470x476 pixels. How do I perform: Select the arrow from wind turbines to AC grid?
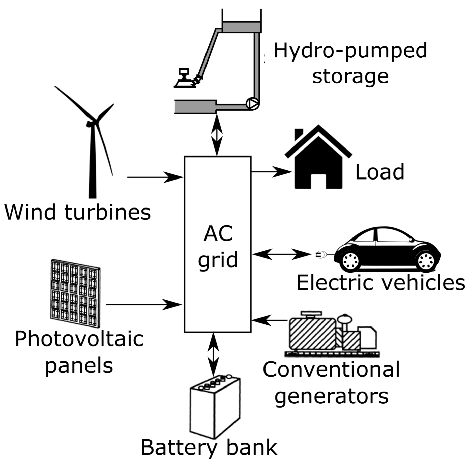tap(155, 177)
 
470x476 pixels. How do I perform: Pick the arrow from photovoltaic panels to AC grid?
tap(144, 304)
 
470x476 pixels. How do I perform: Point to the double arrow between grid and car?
tap(282, 254)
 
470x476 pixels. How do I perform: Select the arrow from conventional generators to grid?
tap(269, 320)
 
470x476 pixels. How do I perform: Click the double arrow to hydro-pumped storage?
tap(217, 135)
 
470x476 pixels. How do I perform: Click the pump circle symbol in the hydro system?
tap(252, 103)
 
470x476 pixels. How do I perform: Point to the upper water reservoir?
tap(242, 27)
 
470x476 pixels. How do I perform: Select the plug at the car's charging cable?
tap(321, 255)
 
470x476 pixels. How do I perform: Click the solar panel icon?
tap(75, 293)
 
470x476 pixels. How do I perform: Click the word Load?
tap(380, 172)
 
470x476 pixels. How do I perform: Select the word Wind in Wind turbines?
tap(30, 212)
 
